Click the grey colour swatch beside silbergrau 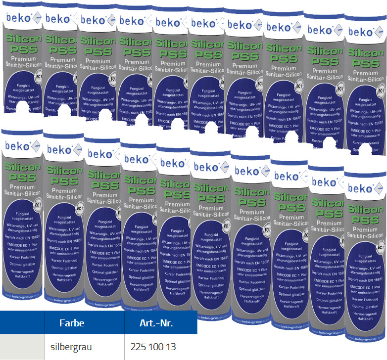coord(22,347)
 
